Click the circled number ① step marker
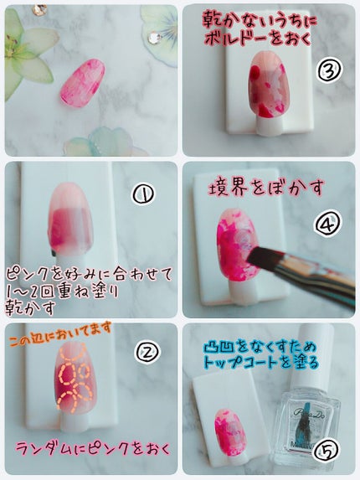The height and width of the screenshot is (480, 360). click(143, 194)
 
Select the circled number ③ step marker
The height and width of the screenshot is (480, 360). click(329, 70)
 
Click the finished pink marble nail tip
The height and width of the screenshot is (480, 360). click(83, 83)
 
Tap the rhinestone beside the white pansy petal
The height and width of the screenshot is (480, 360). click(156, 38)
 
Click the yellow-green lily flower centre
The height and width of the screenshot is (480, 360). click(13, 48)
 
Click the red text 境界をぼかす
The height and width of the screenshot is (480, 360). click(265, 187)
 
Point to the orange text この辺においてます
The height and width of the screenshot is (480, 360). click(60, 333)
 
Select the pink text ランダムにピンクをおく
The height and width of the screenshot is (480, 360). click(93, 449)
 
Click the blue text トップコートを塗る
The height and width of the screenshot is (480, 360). click(261, 363)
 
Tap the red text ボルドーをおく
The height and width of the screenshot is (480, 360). click(258, 39)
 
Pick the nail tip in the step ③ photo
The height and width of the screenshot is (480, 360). click(269, 85)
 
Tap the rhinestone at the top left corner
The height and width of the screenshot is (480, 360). click(40, 10)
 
